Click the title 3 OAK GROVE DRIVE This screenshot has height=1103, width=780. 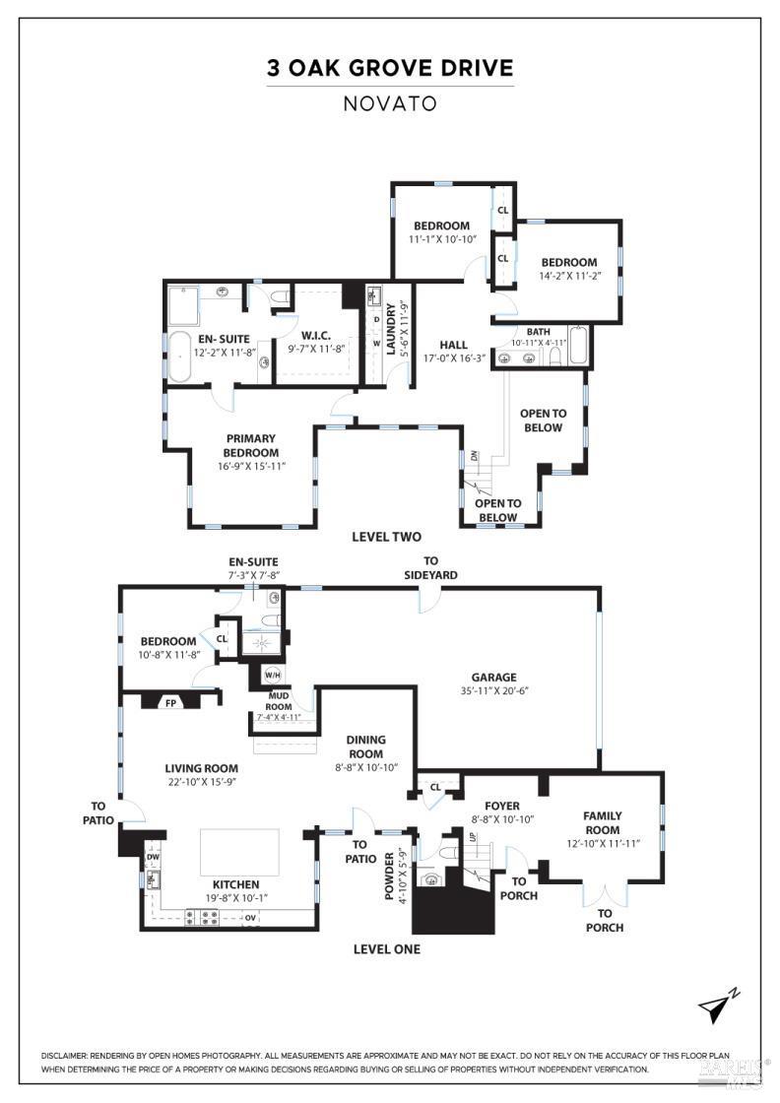click(390, 68)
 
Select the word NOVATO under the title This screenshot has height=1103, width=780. click(390, 102)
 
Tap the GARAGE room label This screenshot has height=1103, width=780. click(493, 677)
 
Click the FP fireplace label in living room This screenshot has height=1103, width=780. click(168, 703)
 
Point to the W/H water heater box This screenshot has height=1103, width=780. click(271, 676)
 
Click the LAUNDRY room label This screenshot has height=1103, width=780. click(391, 329)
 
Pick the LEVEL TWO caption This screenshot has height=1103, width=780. click(386, 537)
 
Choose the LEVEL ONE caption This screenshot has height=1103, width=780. click(386, 949)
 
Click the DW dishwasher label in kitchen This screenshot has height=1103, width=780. click(153, 857)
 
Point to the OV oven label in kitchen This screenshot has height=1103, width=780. click(250, 918)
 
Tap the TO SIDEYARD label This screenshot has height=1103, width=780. click(430, 567)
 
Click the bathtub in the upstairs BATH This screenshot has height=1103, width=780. click(577, 347)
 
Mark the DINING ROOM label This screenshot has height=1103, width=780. click(365, 746)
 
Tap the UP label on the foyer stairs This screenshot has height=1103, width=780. click(472, 837)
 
